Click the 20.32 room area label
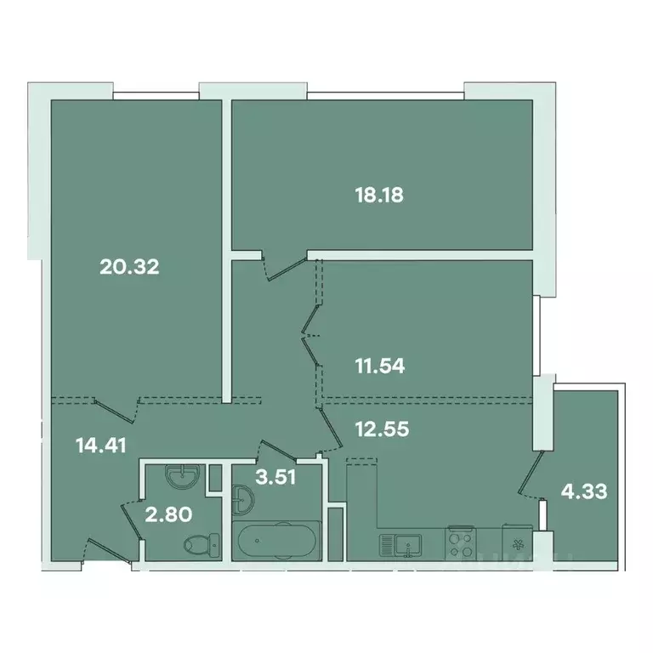point(130,267)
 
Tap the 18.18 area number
point(378,195)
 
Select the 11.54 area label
point(378,367)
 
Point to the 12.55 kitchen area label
point(382,429)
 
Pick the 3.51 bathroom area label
point(275,476)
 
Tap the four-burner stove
point(459,542)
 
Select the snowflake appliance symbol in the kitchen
point(515,541)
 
